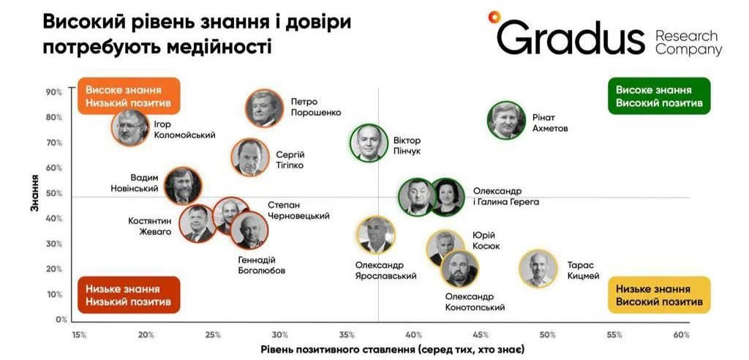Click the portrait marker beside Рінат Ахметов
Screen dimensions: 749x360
506,121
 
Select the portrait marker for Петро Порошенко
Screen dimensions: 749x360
264,108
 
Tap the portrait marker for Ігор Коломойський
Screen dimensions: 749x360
130,127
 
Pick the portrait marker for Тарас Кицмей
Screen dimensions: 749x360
538,269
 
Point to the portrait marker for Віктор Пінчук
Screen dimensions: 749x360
369,143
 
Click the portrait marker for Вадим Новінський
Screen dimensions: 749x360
183,186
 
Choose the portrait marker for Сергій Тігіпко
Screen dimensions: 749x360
250,157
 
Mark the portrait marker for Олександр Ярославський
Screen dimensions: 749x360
376,234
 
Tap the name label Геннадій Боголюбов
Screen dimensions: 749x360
261,266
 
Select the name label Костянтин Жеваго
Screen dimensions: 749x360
149,227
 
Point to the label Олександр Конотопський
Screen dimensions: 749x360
474,302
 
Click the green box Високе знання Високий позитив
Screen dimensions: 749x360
659,96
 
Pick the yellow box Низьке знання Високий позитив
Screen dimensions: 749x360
659,295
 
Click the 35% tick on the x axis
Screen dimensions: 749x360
347,334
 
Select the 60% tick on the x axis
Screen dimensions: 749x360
682,334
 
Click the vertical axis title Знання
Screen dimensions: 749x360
34,193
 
